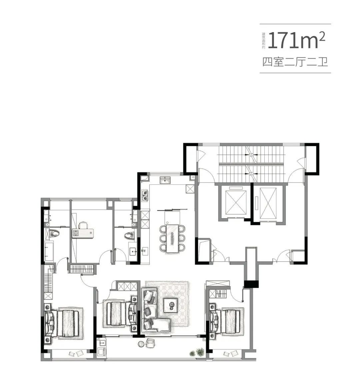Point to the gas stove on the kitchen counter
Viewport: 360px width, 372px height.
click(145, 195)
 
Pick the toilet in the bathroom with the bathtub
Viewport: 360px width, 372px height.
click(54, 234)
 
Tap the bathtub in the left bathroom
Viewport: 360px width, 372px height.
click(49, 251)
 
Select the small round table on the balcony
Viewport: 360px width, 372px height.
click(141, 344)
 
